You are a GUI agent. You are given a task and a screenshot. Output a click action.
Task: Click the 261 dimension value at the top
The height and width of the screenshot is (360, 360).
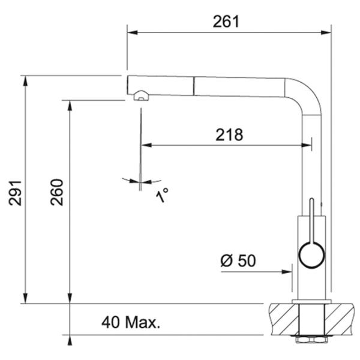coord(226,22)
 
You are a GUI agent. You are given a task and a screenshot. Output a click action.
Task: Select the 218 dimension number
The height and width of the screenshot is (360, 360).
coord(229,135)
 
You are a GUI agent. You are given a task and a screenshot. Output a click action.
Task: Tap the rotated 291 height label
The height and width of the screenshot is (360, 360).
coord(15,193)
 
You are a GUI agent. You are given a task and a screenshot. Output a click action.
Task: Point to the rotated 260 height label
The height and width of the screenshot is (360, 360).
coord(56,192)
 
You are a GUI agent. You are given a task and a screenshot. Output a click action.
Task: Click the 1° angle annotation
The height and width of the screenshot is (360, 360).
coord(162,195)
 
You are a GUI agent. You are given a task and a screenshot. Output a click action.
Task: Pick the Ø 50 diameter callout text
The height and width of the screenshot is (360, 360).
coord(238,260)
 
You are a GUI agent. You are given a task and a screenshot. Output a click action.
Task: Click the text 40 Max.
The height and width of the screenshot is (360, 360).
coord(131,322)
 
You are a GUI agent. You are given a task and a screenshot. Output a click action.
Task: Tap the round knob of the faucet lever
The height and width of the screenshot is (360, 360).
coord(311,255)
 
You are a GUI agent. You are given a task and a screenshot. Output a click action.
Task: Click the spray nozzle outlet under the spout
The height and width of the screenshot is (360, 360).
coord(141,95)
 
